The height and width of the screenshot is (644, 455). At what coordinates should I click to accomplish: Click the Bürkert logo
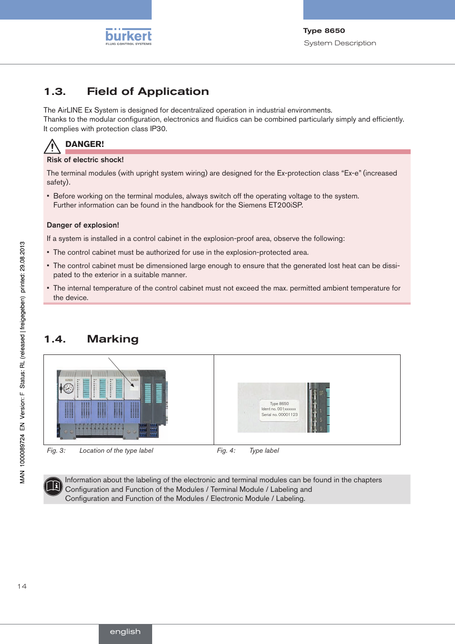tap(128, 37)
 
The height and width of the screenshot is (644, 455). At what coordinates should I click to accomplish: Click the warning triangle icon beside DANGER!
tap(52, 146)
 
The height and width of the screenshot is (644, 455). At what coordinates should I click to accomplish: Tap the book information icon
tap(53, 486)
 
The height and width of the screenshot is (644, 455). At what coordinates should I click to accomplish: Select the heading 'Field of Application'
tap(148, 92)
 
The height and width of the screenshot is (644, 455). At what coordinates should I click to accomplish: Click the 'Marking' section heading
tap(113, 339)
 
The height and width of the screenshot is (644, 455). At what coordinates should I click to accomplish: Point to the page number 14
tap(22, 586)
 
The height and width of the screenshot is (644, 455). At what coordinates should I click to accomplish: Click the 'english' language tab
tap(125, 632)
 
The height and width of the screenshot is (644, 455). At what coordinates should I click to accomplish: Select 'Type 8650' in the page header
tap(324, 31)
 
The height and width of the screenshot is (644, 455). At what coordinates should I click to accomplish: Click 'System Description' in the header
tap(340, 43)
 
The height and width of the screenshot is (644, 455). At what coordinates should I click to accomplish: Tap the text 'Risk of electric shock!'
tap(85, 160)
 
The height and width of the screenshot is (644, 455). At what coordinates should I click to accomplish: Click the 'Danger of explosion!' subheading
tap(83, 225)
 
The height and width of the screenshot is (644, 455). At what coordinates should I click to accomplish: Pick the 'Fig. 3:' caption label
tap(56, 450)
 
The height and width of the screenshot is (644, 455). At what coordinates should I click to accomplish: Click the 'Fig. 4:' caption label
tap(226, 450)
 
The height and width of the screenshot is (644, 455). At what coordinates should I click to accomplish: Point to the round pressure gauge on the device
tap(69, 388)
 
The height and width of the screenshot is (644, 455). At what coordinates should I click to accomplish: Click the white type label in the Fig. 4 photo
tap(279, 409)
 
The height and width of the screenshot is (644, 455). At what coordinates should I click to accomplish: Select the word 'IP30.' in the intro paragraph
tap(158, 129)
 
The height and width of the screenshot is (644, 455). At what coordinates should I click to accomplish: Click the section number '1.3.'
tap(55, 92)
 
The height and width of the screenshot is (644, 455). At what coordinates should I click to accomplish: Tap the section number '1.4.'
tap(55, 339)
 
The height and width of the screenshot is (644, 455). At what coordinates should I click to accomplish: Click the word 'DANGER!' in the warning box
tap(84, 144)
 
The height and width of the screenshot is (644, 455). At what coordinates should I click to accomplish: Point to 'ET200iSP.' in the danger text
tap(286, 205)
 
